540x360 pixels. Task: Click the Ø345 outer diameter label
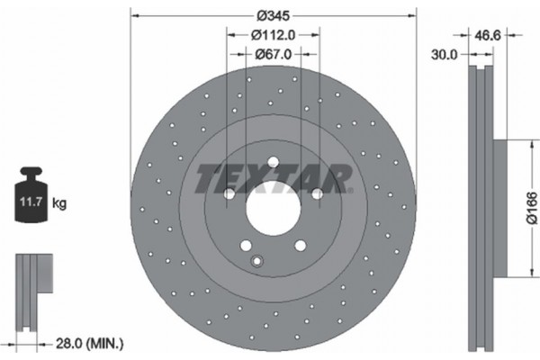(274, 16)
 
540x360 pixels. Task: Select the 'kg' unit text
(59, 204)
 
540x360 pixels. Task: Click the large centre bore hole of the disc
(274, 211)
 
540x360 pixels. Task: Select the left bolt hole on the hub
(229, 194)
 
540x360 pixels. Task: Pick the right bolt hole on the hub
(318, 194)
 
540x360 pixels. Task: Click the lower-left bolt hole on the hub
(246, 246)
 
